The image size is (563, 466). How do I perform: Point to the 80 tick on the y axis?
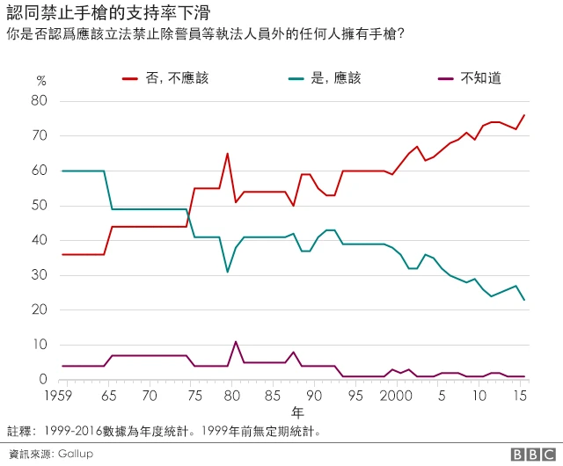pyautogui.click(x=40, y=101)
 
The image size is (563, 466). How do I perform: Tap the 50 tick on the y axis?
pyautogui.click(x=40, y=206)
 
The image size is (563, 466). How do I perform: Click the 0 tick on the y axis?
pyautogui.click(x=42, y=380)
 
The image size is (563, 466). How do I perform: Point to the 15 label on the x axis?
pyautogui.click(x=521, y=397)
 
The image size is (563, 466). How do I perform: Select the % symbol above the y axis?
pyautogui.click(x=40, y=81)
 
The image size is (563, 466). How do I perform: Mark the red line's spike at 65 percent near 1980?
pyautogui.click(x=227, y=154)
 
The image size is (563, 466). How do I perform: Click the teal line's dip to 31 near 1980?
pyautogui.click(x=227, y=272)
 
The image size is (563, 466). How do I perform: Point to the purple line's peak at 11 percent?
pyautogui.click(x=236, y=341)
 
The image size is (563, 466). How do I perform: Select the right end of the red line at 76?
pyautogui.click(x=524, y=115)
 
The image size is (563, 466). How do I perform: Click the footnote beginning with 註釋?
pyautogui.click(x=164, y=432)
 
